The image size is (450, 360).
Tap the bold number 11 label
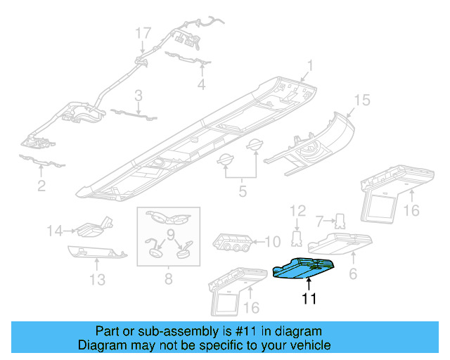point(309,300)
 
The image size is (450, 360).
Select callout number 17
point(143,33)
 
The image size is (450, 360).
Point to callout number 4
point(201,85)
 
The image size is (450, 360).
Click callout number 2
point(41,186)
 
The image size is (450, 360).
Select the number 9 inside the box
point(169,234)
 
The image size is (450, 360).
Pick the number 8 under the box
point(168,279)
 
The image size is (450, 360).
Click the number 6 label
point(353,271)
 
